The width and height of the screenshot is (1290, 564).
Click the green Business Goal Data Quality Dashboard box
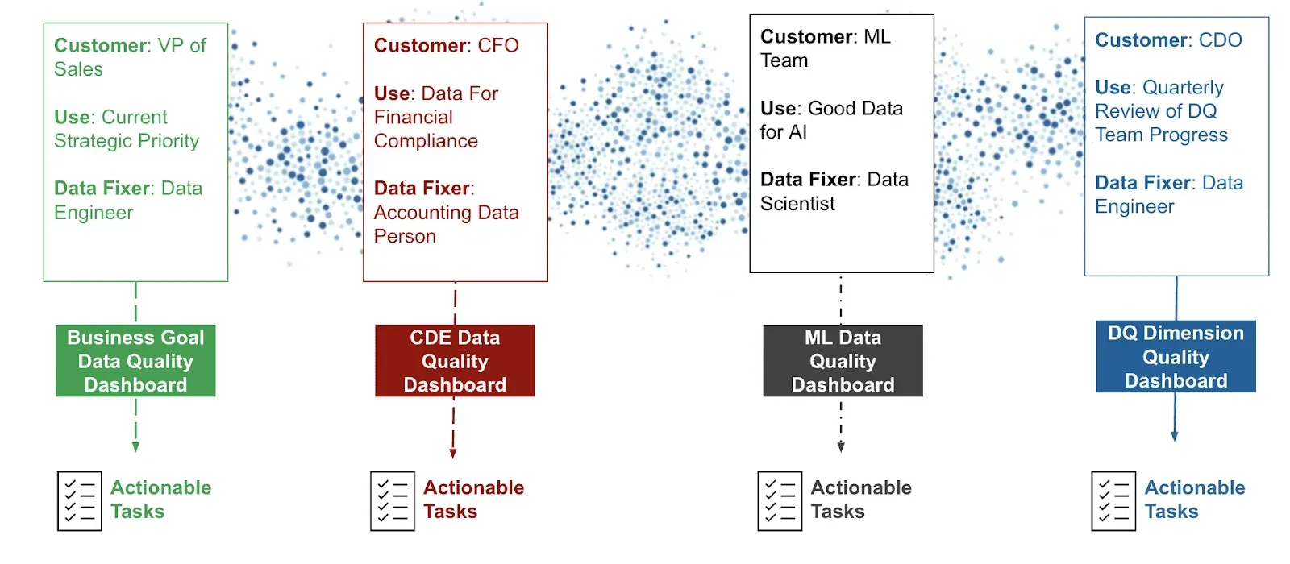[x=135, y=361]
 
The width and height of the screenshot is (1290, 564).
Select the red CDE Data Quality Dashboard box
[x=455, y=361]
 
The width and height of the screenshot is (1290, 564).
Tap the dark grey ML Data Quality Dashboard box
[x=843, y=361]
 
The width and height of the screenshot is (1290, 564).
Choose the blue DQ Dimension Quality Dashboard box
[x=1176, y=357]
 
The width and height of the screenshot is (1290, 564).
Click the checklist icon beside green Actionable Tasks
[x=80, y=501]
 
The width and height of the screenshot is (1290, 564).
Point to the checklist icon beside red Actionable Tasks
[x=393, y=501]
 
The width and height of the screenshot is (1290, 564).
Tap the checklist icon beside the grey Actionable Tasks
[x=780, y=501]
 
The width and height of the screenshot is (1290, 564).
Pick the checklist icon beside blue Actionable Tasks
[x=1113, y=501]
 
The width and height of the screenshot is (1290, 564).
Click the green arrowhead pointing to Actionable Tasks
[x=135, y=447]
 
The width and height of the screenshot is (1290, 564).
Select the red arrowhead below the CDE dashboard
[x=453, y=454]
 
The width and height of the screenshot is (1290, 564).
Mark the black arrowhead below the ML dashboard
[x=841, y=447]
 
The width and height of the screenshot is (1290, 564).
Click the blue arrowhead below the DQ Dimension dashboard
[x=1175, y=436]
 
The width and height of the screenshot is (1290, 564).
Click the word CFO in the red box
[x=498, y=45]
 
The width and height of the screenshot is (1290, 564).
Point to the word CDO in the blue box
[x=1221, y=40]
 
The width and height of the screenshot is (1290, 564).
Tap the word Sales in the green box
[x=78, y=69]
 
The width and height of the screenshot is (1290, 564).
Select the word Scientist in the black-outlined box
[x=797, y=204]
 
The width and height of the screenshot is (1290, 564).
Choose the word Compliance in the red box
[x=426, y=141]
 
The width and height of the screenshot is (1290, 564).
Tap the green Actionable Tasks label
[x=160, y=500]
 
